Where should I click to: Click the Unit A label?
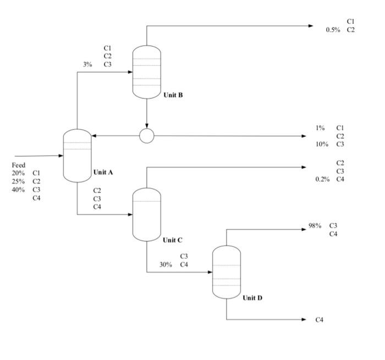point(103,172)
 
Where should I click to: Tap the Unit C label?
point(172,240)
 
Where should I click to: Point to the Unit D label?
point(252,298)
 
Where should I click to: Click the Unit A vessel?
point(77,156)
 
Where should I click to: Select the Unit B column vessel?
point(147,72)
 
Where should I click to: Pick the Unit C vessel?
point(147,214)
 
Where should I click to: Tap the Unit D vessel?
point(227,272)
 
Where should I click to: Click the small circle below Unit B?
point(147,135)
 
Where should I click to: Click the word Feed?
point(18,165)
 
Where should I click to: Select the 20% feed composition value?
point(18,173)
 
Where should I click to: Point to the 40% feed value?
point(18,190)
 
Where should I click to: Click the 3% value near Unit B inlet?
point(87,64)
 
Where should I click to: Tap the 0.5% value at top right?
point(333,30)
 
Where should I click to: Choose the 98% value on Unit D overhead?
point(315,226)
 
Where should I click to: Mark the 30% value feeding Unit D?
point(166,264)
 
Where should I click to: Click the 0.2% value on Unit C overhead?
point(322,179)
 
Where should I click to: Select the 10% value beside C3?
point(322,144)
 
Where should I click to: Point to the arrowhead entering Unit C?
point(130,214)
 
